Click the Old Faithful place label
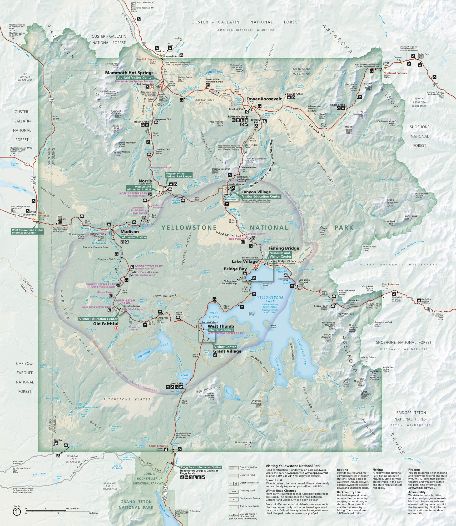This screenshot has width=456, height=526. (106, 324)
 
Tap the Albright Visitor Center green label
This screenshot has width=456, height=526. (135, 78)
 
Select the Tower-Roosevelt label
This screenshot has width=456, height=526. (264, 99)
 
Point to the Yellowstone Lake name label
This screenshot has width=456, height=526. (270, 299)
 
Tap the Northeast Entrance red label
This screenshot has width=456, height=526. (395, 73)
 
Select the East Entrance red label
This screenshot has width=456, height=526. (390, 284)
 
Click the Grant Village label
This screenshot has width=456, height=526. (227, 351)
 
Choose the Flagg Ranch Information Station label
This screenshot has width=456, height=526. (201, 467)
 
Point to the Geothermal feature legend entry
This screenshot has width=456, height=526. (250, 498)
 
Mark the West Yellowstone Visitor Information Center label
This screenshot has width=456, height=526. (27, 231)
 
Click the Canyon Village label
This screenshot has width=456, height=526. (256, 192)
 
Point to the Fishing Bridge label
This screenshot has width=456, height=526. (284, 248)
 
